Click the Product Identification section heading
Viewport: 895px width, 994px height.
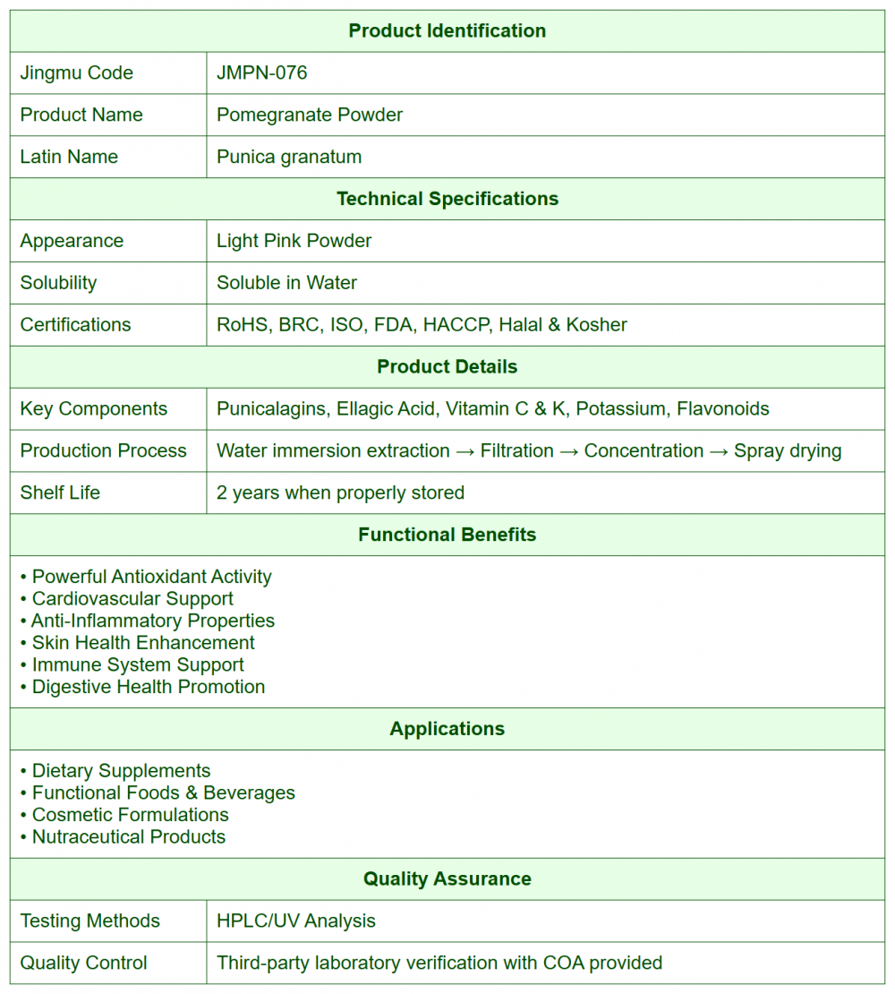[x=447, y=30]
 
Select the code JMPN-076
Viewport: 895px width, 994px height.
[x=261, y=73]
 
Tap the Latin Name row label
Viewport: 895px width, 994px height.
[x=69, y=157]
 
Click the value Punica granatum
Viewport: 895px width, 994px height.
[x=289, y=157]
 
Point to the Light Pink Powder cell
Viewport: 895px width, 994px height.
[x=294, y=241]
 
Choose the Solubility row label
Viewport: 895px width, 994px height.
[x=58, y=283]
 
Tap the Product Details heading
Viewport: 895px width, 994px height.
[x=447, y=367]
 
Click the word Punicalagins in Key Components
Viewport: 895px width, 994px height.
[x=273, y=409]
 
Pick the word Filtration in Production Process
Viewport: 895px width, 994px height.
[x=516, y=451]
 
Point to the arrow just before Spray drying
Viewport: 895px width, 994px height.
[x=719, y=451]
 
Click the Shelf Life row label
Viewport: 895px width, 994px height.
[x=60, y=493]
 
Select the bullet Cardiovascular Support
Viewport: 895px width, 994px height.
[x=132, y=599]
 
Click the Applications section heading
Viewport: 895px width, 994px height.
[x=447, y=729]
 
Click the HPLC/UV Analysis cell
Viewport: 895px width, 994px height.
[x=296, y=921]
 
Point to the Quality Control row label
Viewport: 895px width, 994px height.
[x=83, y=963]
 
